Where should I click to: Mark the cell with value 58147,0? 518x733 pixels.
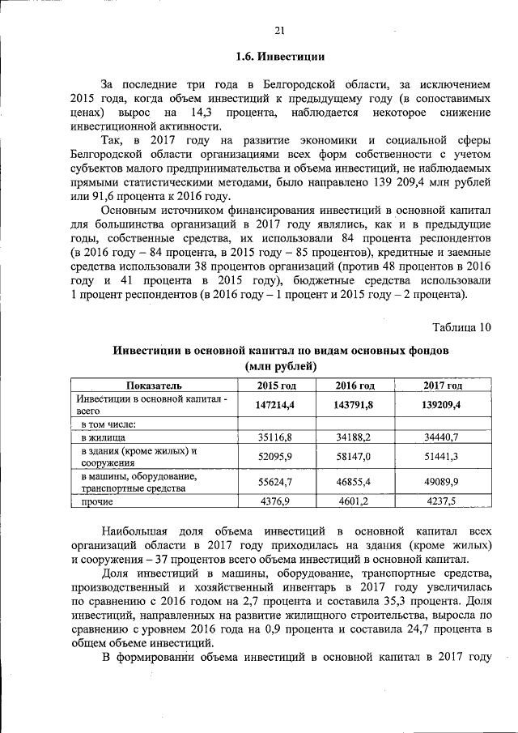click(x=354, y=457)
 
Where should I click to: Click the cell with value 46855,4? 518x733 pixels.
click(x=354, y=482)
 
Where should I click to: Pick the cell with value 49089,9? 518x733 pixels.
click(x=443, y=482)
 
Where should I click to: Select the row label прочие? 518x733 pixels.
click(x=97, y=502)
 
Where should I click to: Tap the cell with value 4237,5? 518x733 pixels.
click(x=443, y=502)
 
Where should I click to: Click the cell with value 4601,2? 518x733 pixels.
click(x=354, y=502)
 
